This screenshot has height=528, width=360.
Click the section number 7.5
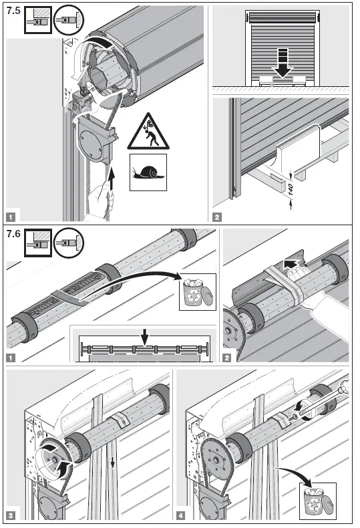[13, 11]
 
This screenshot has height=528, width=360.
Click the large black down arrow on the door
[285, 65]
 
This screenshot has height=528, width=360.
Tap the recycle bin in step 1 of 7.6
[198, 292]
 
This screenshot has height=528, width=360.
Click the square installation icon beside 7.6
[35, 245]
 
